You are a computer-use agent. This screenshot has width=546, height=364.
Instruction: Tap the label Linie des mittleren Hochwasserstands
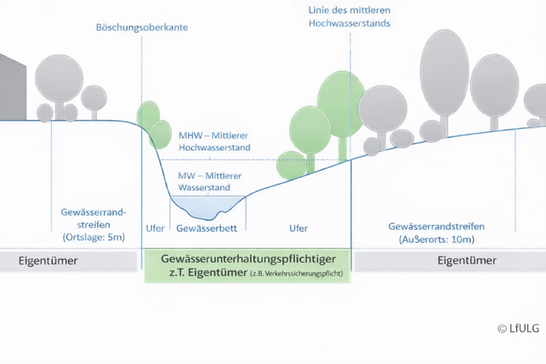click(349, 17)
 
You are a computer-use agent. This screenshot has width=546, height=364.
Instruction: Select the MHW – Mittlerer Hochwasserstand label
click(214, 141)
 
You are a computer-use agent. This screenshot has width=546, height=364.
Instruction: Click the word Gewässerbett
click(207, 228)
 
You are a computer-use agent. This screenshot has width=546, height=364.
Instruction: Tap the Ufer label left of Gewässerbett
click(156, 228)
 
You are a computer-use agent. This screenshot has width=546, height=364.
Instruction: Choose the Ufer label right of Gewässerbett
click(298, 228)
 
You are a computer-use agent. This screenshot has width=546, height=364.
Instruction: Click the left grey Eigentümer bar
click(68, 261)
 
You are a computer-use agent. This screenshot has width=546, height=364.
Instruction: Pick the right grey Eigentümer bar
click(449, 261)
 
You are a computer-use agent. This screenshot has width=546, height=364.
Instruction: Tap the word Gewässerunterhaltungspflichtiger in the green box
click(247, 260)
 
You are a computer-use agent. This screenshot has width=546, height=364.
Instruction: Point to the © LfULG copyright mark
click(518, 328)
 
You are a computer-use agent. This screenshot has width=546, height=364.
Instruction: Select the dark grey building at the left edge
click(12, 89)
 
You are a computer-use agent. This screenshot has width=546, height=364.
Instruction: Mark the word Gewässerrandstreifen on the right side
click(436, 227)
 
